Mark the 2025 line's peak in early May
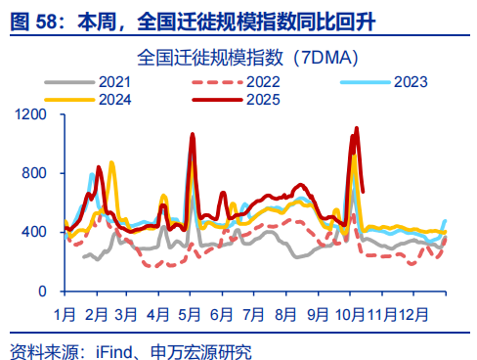192,134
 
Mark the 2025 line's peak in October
356,128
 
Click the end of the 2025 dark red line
364,191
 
